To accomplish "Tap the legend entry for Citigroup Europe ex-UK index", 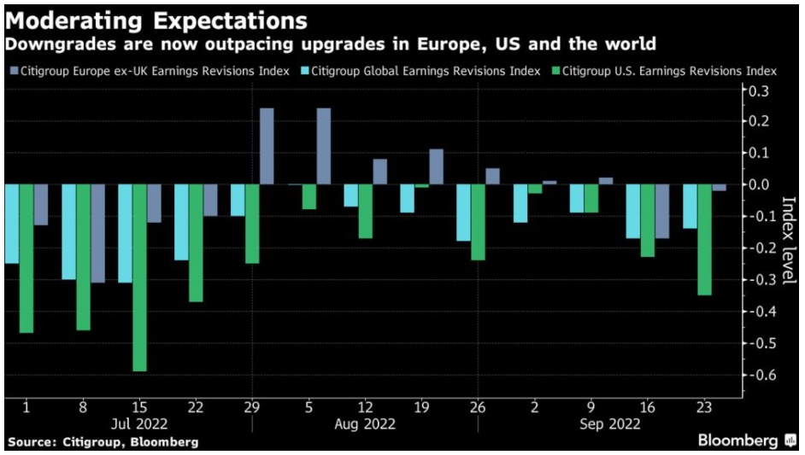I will coord(150,71).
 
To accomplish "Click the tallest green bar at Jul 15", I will coord(139,277).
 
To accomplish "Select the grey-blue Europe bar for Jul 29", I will coord(267,146).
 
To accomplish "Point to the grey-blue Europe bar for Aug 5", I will coord(323,146).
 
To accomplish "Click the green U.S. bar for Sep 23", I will coord(705,240).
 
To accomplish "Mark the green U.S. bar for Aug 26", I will coord(479,222).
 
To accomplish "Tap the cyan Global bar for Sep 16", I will coord(633,212).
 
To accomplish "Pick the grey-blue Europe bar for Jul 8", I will coord(97,233).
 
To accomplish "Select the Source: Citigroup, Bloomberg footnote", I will coord(103,442).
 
